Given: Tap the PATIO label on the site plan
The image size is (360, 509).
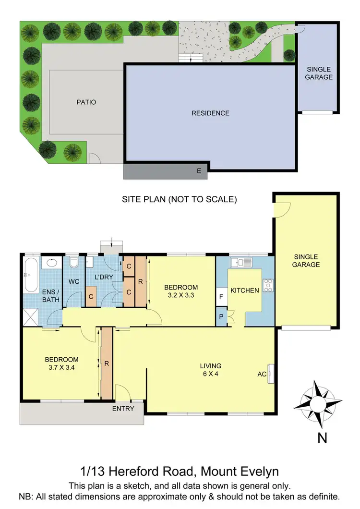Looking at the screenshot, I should click(86, 102).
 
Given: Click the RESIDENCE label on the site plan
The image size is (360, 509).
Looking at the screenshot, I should click(210, 113).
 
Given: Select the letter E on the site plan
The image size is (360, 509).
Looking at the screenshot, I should click(199, 170).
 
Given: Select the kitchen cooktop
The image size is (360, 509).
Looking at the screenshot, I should click(268, 285).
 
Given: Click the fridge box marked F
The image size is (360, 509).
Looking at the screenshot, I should click(221, 297).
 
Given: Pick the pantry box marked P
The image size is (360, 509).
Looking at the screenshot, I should click(221, 317).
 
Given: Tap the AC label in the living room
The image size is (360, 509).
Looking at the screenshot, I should click(262, 373).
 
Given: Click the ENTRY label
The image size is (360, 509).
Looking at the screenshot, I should click(123, 409).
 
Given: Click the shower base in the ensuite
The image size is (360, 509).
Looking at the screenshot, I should click(31, 316).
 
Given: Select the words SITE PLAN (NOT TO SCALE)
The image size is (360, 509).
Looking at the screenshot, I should click(180, 199).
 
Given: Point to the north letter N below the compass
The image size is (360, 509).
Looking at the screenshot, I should click(322, 438).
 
